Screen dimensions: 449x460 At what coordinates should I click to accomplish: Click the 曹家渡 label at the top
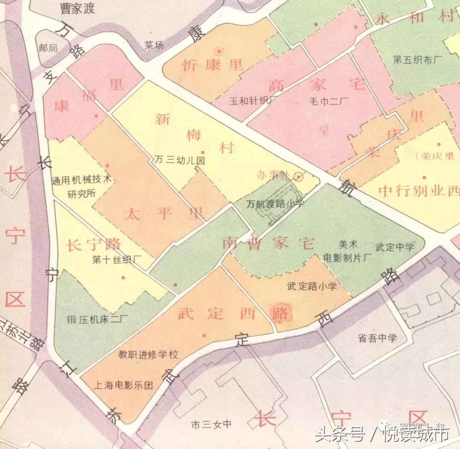(x=77, y=8)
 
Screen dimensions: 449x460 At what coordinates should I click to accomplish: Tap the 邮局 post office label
(x=48, y=48)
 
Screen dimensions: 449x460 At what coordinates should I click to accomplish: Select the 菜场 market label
(x=154, y=45)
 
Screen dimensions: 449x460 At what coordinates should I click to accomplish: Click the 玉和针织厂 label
(x=253, y=101)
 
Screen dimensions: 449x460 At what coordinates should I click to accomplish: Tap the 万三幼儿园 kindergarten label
(x=180, y=160)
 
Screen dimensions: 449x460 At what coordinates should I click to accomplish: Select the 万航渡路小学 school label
(x=275, y=204)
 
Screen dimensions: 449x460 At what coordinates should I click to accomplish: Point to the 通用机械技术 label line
(x=81, y=180)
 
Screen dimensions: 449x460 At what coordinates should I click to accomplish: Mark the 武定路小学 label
(x=312, y=286)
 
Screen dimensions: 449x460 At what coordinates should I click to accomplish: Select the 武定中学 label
(x=394, y=247)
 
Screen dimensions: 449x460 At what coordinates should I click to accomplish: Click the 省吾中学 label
(x=377, y=338)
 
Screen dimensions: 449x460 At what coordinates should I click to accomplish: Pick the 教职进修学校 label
(x=148, y=354)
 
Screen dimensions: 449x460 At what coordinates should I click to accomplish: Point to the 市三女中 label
(x=211, y=424)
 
